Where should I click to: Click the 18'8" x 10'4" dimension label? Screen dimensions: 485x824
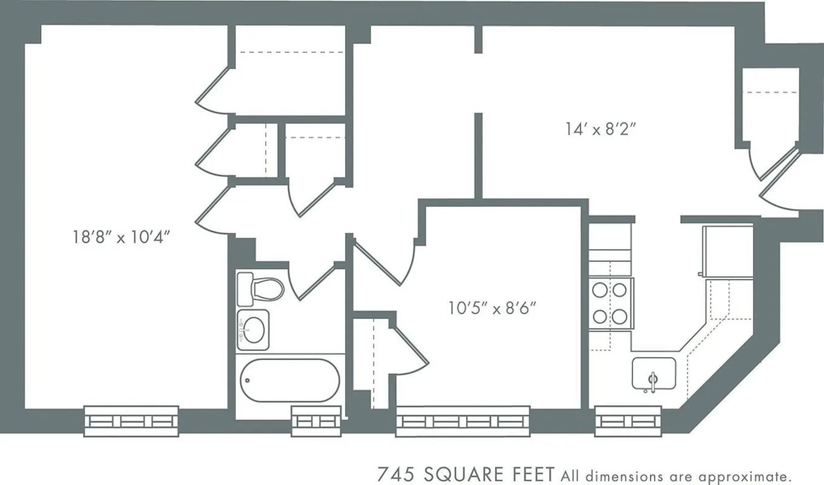point(120,236)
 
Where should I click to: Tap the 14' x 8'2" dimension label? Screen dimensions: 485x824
point(601,129)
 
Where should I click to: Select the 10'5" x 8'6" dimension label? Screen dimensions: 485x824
point(492,309)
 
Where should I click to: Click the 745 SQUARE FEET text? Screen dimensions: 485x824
point(466,473)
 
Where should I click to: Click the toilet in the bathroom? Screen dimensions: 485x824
point(261,289)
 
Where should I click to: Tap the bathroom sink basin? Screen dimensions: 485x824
point(254,330)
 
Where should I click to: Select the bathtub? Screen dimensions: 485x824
point(290,380)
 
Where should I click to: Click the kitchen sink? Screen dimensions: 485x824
point(653,373)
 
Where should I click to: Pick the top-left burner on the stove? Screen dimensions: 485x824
point(600,290)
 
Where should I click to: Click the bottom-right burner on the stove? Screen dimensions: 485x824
point(619,316)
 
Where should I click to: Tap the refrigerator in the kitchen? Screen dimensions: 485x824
point(727,250)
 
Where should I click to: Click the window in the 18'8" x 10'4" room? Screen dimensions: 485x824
point(131,421)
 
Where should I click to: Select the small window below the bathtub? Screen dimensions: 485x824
point(313,421)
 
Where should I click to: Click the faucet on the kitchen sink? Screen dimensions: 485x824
point(653,382)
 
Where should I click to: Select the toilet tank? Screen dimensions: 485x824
point(245,289)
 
